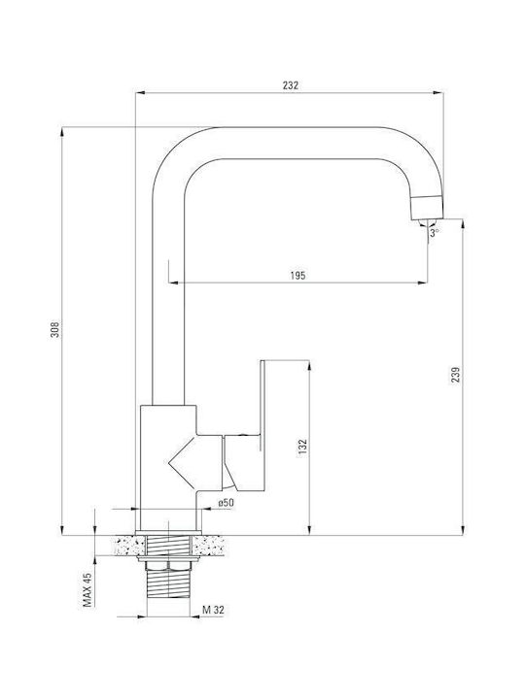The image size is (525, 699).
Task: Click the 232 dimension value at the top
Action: (290, 85)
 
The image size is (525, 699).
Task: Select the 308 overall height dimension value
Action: (54, 329)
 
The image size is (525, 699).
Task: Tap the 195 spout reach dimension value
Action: (297, 276)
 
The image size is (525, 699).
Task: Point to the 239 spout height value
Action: (455, 376)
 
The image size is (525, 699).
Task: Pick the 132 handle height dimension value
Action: (303, 448)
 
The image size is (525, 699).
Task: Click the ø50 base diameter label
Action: (227, 503)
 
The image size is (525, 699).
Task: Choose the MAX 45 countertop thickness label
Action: (87, 590)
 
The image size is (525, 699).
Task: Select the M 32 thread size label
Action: (213, 610)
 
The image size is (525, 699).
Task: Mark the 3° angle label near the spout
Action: (435, 233)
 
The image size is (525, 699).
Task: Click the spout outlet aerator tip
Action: (427, 208)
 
